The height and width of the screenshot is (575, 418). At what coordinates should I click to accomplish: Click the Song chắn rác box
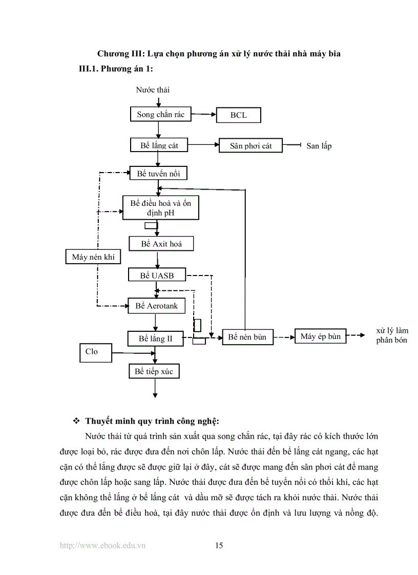[x=160, y=115]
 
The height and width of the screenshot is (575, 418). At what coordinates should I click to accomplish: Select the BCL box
[x=238, y=115]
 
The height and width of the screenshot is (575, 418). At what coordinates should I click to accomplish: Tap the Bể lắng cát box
[x=159, y=145]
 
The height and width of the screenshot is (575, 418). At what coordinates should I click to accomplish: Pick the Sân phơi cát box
[x=251, y=146]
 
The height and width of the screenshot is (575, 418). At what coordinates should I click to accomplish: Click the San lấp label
[x=319, y=146]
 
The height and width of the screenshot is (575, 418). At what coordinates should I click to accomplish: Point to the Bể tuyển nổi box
[x=158, y=174]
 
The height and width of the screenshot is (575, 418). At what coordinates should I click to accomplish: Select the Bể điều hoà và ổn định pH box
[x=160, y=208]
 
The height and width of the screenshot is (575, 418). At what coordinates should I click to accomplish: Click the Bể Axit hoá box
[x=161, y=244]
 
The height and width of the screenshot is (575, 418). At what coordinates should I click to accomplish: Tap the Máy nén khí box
[x=93, y=257]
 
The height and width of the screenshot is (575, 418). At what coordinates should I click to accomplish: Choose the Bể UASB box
[x=157, y=275]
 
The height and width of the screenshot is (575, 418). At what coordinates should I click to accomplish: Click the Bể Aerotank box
[x=156, y=306]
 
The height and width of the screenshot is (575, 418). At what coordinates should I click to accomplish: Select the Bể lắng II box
[x=155, y=338]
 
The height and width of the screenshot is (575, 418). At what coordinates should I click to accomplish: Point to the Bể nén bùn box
[x=247, y=337]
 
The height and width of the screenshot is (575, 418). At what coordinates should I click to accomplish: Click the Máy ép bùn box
[x=321, y=336]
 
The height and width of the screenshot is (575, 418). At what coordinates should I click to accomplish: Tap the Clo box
[x=95, y=352]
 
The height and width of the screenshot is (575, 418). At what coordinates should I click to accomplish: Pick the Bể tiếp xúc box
[x=154, y=371]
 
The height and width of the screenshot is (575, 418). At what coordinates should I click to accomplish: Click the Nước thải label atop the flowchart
[x=153, y=90]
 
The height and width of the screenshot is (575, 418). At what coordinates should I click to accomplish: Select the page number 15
[x=219, y=545]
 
